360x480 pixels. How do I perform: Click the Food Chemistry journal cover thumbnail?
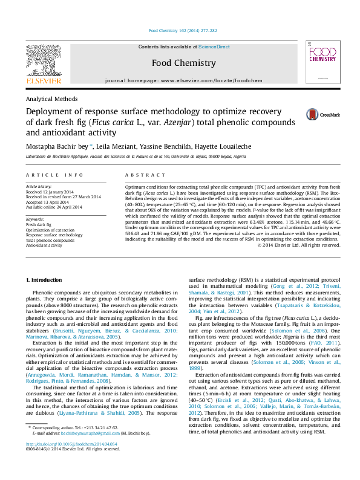coord(318,63)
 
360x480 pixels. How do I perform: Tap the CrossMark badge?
coord(323,114)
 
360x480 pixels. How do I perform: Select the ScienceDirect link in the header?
coord(214,47)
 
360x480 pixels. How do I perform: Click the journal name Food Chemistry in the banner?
coord(183,63)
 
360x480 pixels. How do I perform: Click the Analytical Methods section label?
coord(51,99)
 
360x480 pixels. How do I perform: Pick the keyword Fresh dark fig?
coord(39,224)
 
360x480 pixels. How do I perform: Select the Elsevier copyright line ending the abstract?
coord(298,245)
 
